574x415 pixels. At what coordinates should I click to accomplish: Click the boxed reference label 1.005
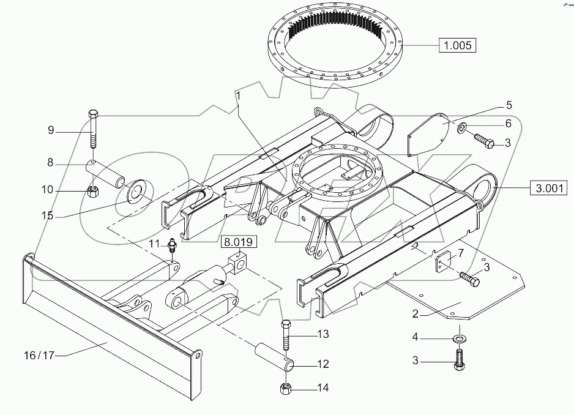457,46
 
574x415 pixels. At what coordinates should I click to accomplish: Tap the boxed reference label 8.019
239,242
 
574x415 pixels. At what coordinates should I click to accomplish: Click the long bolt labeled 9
92,132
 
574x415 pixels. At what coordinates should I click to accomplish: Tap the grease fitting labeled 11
173,246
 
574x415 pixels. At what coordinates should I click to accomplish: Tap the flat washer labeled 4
458,338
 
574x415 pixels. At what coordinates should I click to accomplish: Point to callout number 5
508,104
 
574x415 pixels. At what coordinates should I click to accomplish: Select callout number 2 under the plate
415,315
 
